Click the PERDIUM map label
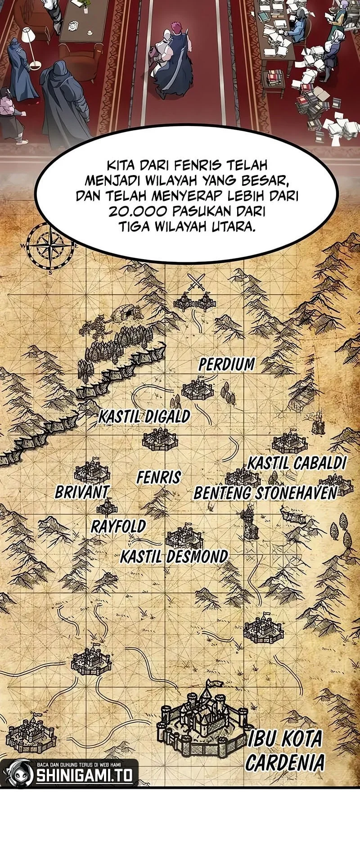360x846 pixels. (227, 364)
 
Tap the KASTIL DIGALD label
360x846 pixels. (144, 417)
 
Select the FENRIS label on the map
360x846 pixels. (159, 477)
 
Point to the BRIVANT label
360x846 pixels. (82, 492)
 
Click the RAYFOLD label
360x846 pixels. (118, 526)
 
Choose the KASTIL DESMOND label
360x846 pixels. (174, 557)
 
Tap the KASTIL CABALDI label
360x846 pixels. (297, 463)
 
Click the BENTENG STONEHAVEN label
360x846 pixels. (265, 493)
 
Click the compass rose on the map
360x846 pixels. (49, 246)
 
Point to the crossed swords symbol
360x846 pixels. (196, 283)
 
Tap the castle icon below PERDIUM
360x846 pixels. (197, 390)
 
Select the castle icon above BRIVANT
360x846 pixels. (92, 471)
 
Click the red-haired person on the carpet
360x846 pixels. (173, 58)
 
